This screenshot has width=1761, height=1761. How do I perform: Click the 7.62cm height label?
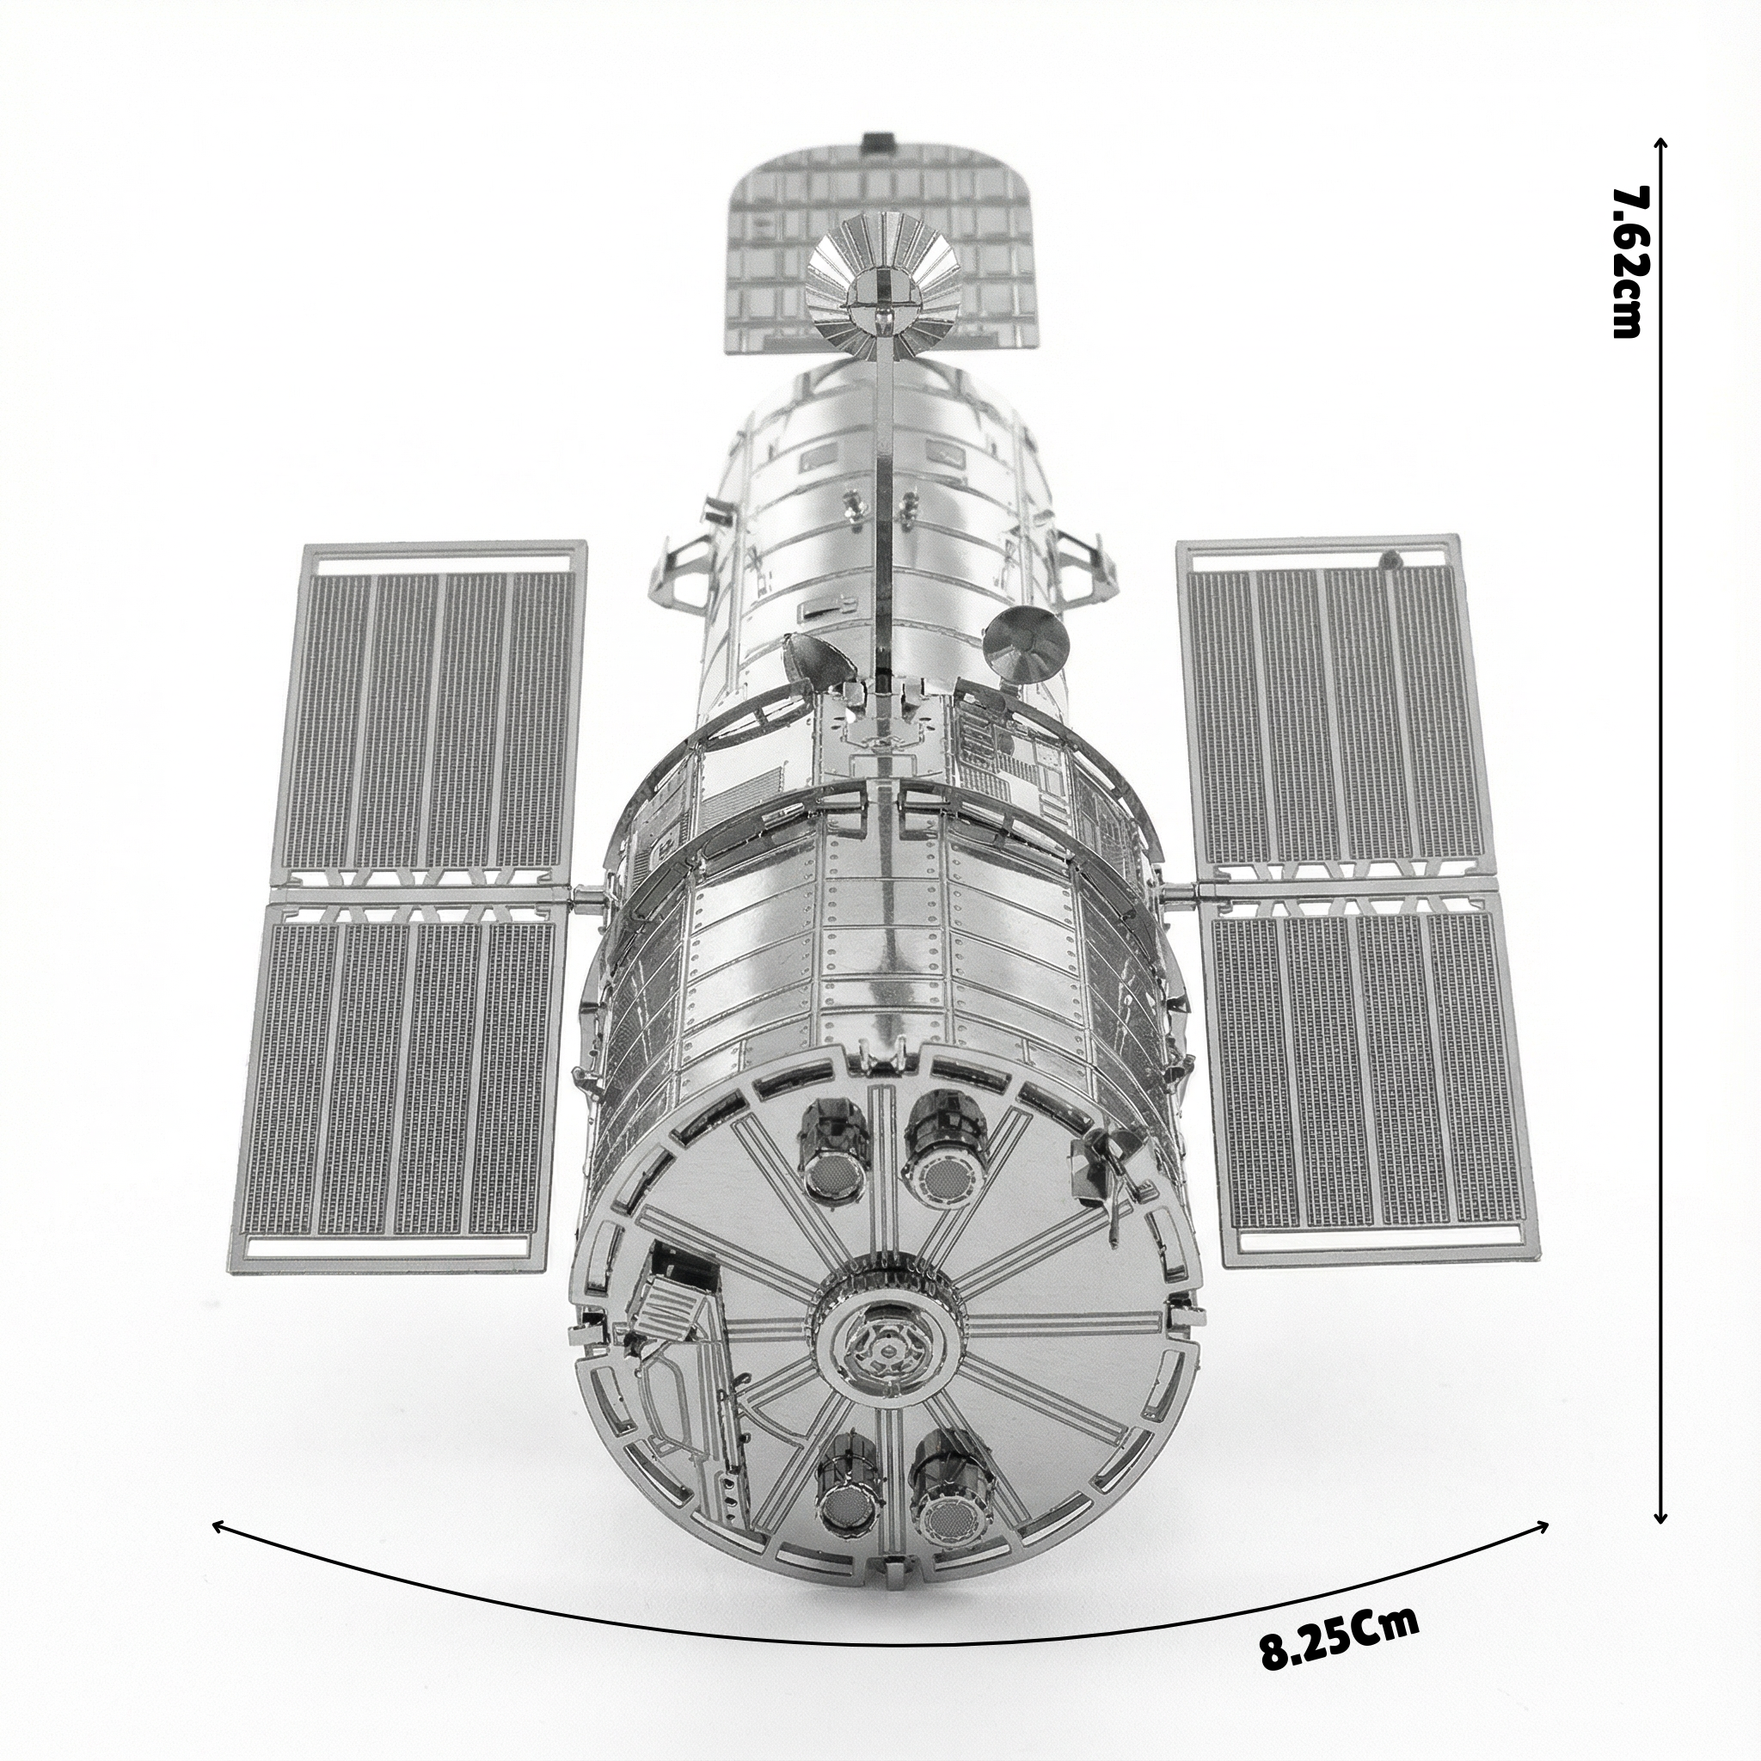1627,261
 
